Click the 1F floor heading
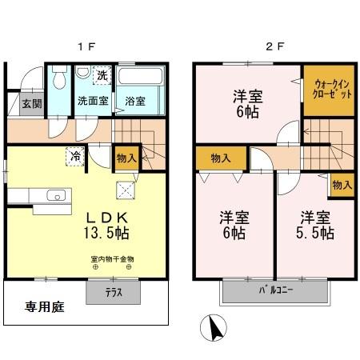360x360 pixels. coord(87,46)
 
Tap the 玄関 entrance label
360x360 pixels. coord(31,103)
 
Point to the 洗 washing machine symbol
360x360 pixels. coord(102,76)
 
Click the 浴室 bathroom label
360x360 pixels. coord(135,102)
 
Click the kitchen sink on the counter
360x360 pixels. coord(56,196)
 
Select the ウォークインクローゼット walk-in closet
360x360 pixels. coord(326,87)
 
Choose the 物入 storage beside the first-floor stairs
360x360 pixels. coord(126,158)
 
